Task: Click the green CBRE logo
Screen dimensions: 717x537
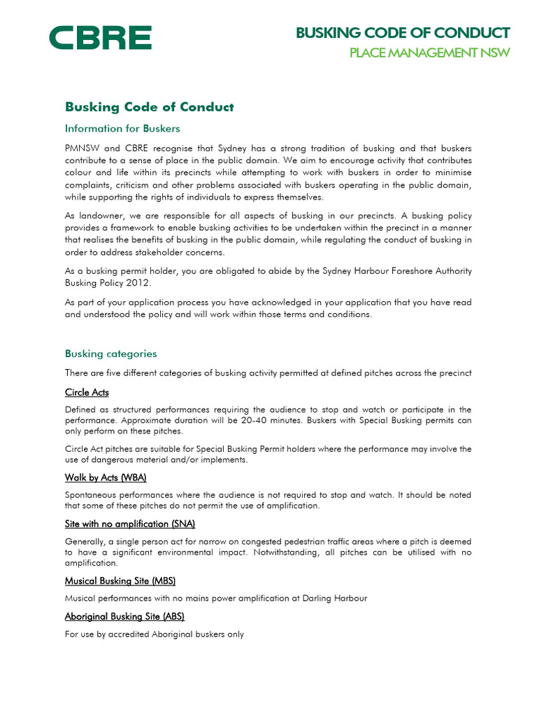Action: tap(100, 38)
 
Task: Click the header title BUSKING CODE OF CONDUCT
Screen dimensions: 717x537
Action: tap(403, 33)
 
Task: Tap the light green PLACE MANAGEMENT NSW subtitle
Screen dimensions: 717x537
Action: tap(429, 53)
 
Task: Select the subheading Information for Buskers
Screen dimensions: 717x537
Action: tap(122, 128)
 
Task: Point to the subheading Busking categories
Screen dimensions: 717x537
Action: tap(110, 354)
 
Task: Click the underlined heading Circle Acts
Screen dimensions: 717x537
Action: tap(87, 392)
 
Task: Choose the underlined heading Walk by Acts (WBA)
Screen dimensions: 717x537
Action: tap(106, 478)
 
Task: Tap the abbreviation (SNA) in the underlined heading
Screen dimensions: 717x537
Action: tap(182, 524)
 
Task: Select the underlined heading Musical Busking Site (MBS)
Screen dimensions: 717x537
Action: tap(120, 580)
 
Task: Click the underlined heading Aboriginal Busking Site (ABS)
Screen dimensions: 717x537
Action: tap(124, 616)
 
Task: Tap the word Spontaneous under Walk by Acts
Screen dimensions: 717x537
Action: tap(92, 495)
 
